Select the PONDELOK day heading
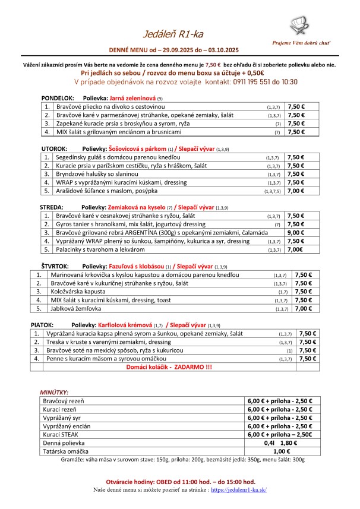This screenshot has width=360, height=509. (57, 97)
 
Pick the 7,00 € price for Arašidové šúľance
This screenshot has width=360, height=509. (295, 191)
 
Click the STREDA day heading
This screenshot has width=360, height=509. (52, 207)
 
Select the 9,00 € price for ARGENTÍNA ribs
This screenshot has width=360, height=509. (295, 233)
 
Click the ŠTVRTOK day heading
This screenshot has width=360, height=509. (55, 266)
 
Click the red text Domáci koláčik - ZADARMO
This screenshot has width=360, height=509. (169, 368)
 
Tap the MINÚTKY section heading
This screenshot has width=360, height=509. (54, 393)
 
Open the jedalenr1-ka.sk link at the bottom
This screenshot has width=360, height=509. (237, 489)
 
